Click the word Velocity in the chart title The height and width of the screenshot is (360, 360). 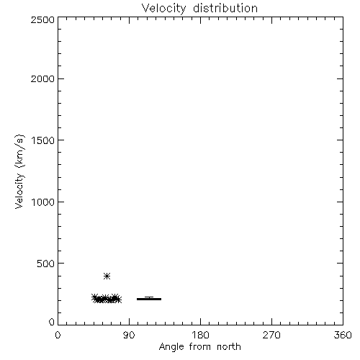[x=163, y=9]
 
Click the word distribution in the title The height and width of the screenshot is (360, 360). [x=225, y=8]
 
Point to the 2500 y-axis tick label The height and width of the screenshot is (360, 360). [x=42, y=19]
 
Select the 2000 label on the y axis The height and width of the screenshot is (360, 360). [x=42, y=78]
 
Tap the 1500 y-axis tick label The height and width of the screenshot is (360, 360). [x=43, y=140]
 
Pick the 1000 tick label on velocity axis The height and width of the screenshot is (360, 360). [x=43, y=202]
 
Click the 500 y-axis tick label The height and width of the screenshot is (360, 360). [x=46, y=264]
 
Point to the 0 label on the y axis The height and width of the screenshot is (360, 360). [x=52, y=322]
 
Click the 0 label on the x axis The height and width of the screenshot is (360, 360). [x=58, y=335]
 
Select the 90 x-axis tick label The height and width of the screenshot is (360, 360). [x=129, y=335]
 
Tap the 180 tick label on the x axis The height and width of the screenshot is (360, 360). [x=200, y=335]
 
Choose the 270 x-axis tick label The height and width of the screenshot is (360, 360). [x=271, y=335]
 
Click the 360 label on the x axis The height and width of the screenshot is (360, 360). [x=343, y=335]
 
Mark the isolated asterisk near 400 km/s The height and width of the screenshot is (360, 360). [x=107, y=276]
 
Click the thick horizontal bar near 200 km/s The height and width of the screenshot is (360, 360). [x=149, y=299]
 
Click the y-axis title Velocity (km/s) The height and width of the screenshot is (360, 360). [x=19, y=171]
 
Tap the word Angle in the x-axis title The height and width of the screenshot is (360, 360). [x=171, y=347]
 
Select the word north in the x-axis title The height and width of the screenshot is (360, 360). [x=229, y=347]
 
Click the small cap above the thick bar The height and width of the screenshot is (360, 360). [x=149, y=297]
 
